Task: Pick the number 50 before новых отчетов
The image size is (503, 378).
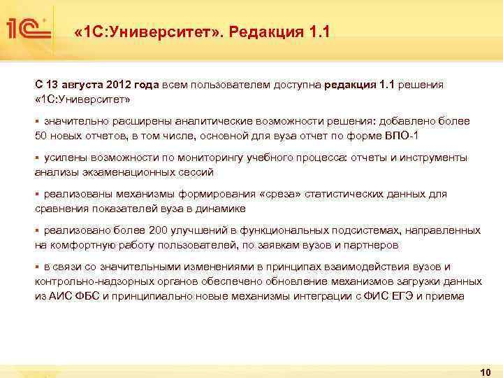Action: pos(41,135)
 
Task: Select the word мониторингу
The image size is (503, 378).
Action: pos(196,157)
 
